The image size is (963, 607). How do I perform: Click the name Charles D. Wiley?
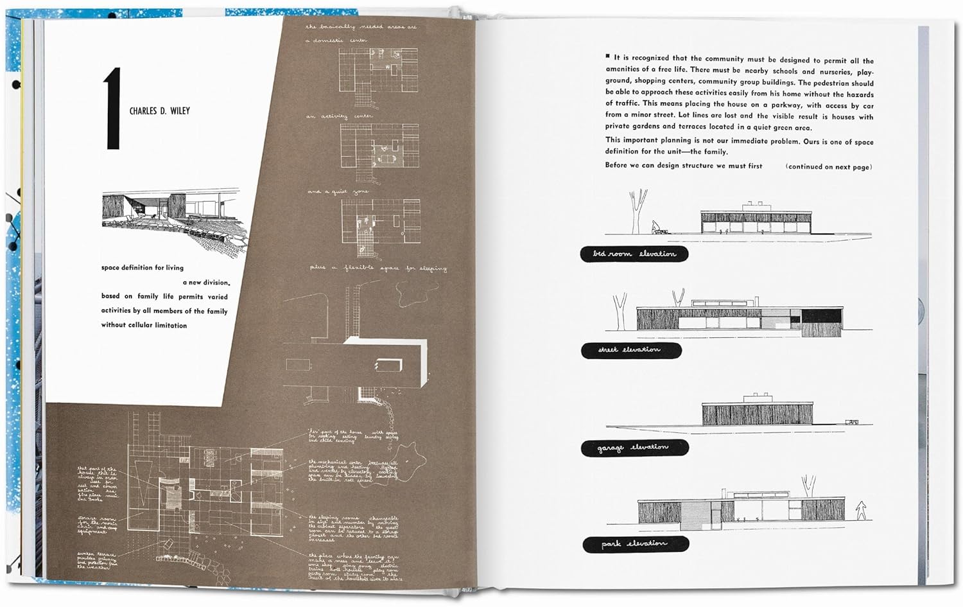(x=159, y=111)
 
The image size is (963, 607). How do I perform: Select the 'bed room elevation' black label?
(x=634, y=254)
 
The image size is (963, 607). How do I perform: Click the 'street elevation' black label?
(x=630, y=350)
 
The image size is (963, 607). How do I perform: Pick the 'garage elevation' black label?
(x=634, y=448)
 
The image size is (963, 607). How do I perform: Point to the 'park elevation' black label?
(x=635, y=544)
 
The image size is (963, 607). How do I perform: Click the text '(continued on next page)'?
(x=828, y=167)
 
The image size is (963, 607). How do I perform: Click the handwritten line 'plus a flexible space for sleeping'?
(x=377, y=268)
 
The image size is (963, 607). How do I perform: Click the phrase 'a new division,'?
(x=206, y=283)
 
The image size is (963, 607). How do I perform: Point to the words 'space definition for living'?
(x=142, y=268)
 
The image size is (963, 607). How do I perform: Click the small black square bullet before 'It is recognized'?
(x=607, y=56)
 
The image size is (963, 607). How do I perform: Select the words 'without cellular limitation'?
(x=144, y=325)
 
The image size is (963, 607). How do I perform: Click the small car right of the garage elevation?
(x=851, y=422)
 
